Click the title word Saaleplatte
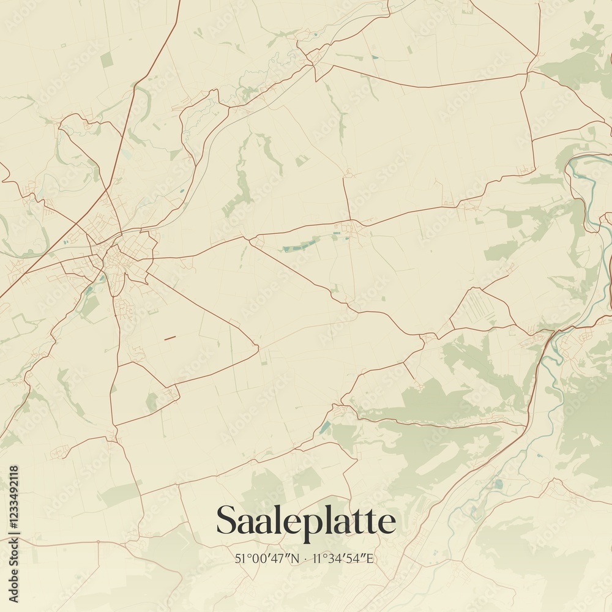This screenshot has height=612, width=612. [305, 521]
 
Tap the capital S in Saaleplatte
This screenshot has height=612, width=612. [228, 521]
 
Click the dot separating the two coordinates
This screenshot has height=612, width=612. [305, 559]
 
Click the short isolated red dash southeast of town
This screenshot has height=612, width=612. [170, 337]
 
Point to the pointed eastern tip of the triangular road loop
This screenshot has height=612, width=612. [258, 349]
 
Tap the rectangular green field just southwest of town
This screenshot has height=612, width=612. [91, 306]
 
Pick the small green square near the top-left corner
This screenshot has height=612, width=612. [106, 59]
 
